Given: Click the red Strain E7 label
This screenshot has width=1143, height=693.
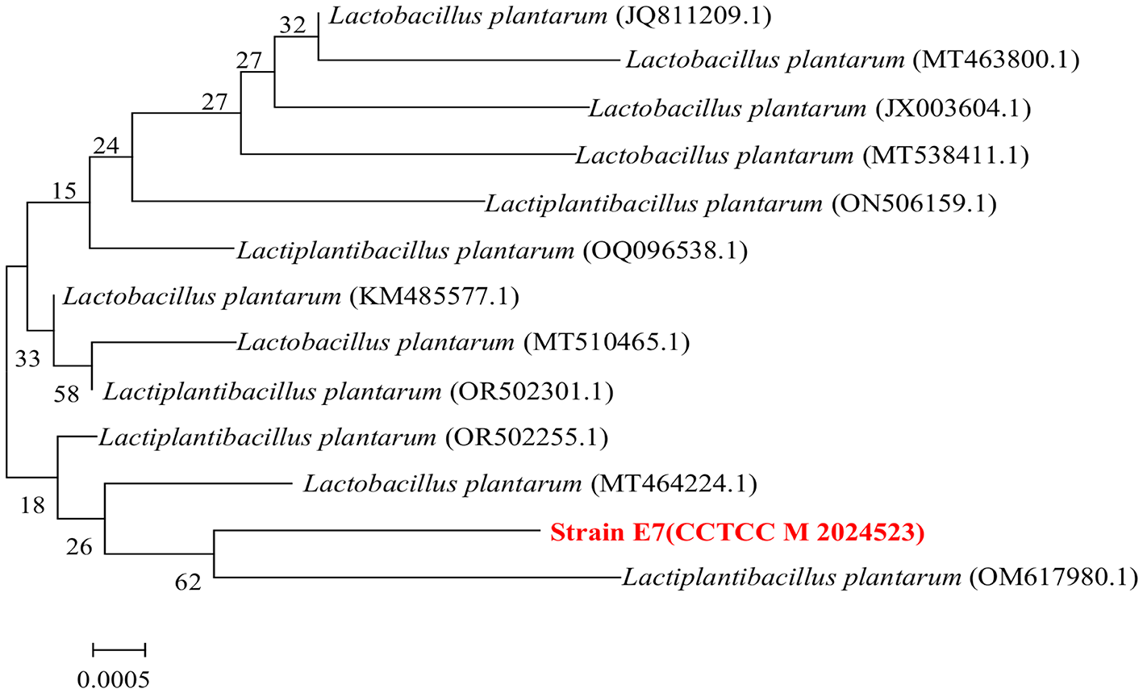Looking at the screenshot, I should click(736, 533).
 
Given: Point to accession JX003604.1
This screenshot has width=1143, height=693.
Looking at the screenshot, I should click(953, 108).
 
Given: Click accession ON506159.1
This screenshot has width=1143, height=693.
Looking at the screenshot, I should click(913, 203).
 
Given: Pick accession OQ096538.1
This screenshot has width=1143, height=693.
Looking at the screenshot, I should click(665, 251).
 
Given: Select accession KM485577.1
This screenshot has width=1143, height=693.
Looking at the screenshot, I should click(434, 298).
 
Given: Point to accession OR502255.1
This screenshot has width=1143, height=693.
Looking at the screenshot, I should click(526, 438).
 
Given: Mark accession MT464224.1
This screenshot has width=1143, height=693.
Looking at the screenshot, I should click(674, 485).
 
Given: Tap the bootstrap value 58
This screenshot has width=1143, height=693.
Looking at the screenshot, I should click(67, 394).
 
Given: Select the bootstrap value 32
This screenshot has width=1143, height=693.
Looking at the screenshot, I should click(294, 25).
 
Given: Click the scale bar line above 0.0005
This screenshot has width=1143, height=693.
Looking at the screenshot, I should click(119, 649).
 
